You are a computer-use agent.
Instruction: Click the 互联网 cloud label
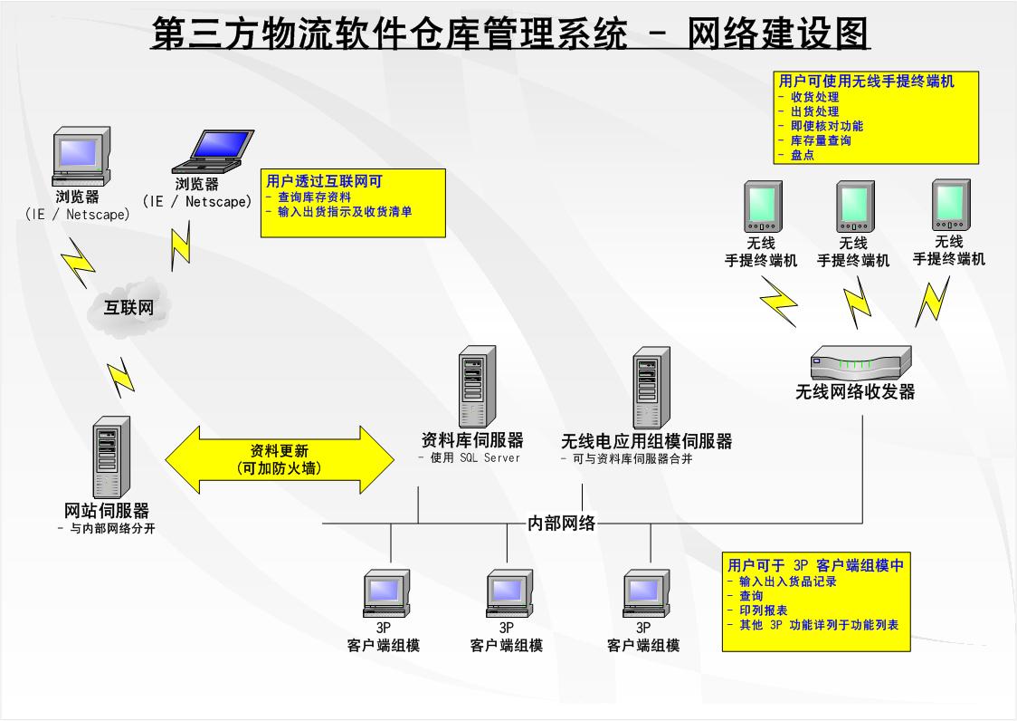(x=128, y=308)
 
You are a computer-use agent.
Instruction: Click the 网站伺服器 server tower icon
(x=111, y=457)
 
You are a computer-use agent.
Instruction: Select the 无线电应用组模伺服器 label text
(x=646, y=441)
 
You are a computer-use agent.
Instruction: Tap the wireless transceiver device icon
(x=860, y=363)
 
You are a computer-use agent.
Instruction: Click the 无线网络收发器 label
(x=855, y=392)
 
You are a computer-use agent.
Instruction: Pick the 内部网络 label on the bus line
(x=562, y=523)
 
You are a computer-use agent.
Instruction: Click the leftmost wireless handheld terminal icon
(x=761, y=207)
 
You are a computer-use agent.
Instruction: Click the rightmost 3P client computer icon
(x=646, y=593)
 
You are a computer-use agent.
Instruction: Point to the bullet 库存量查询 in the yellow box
(x=821, y=140)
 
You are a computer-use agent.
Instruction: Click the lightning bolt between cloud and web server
(x=120, y=375)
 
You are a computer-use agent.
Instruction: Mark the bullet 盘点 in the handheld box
(x=802, y=155)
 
